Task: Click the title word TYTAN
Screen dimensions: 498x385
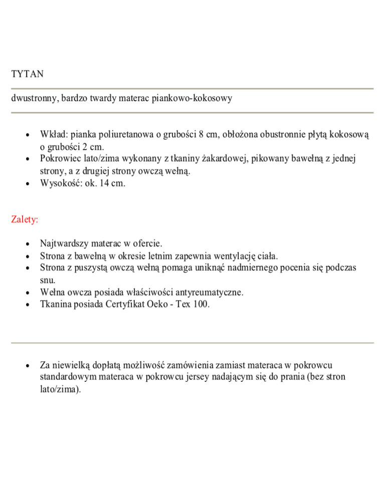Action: (27, 74)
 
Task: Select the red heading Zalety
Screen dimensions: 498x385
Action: (26, 219)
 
